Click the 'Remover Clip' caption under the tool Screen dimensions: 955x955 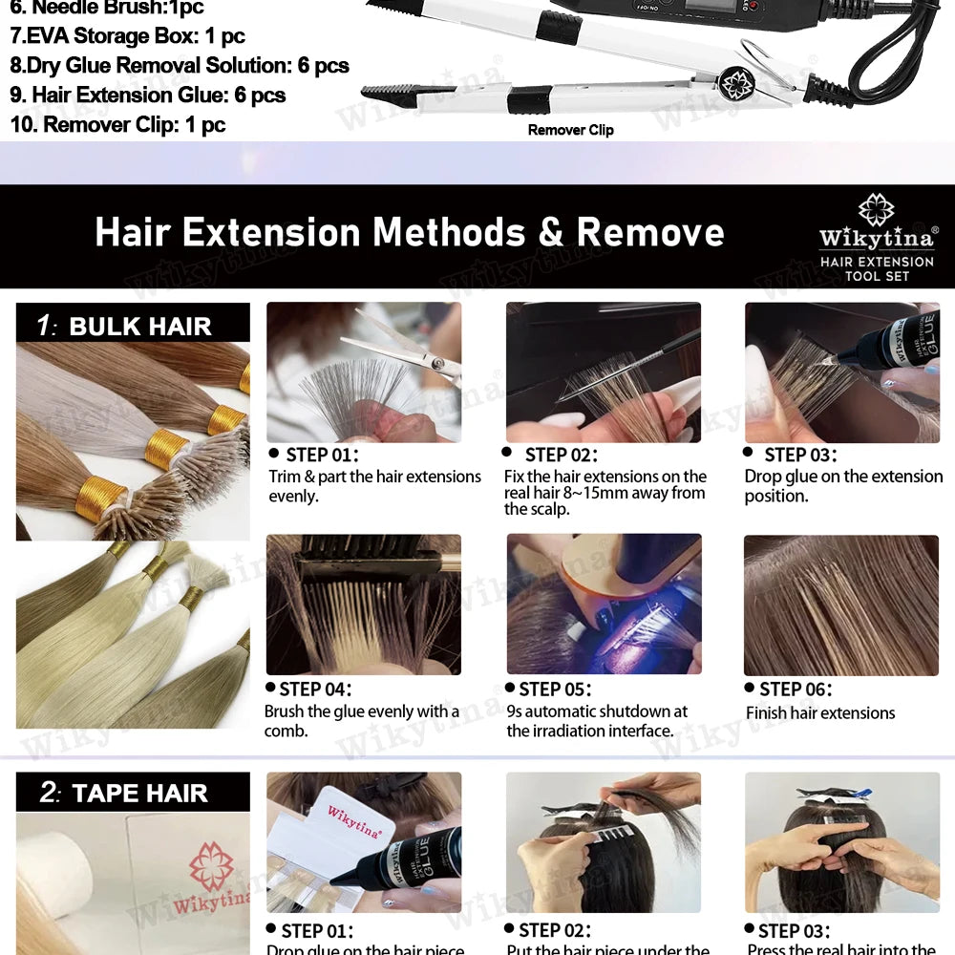tap(570, 130)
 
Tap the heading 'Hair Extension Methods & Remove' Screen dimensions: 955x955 tap(409, 233)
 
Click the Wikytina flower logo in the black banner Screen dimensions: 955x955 tap(876, 210)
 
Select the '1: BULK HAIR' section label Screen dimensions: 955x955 tap(133, 326)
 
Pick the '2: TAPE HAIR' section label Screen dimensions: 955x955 tap(133, 794)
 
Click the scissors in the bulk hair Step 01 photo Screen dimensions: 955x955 tap(401, 349)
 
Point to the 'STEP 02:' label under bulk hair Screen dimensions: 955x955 tap(561, 456)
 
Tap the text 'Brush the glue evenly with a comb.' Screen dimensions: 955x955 tap(361, 721)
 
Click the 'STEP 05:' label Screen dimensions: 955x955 tap(555, 690)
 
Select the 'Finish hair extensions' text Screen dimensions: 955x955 tap(820, 713)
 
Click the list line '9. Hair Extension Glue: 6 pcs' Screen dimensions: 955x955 tap(148, 95)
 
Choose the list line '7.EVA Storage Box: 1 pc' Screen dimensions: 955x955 tap(127, 37)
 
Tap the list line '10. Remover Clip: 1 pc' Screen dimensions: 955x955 tap(117, 125)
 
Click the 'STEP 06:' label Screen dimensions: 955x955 tap(796, 690)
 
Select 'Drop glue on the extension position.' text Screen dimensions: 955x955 tap(843, 485)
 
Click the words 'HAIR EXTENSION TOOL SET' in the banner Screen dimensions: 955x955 tap(876, 268)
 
